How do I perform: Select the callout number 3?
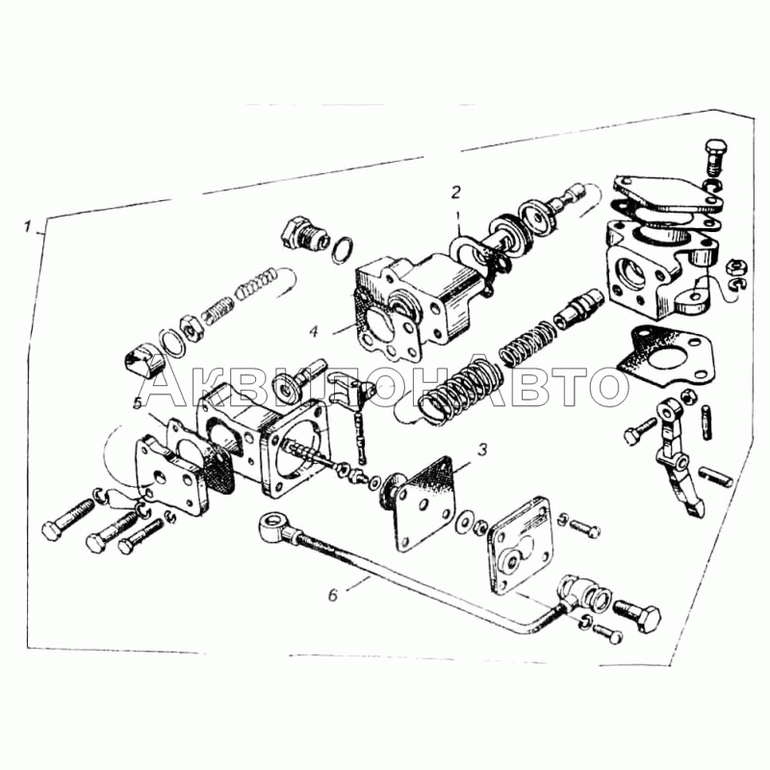pos(482,448)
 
